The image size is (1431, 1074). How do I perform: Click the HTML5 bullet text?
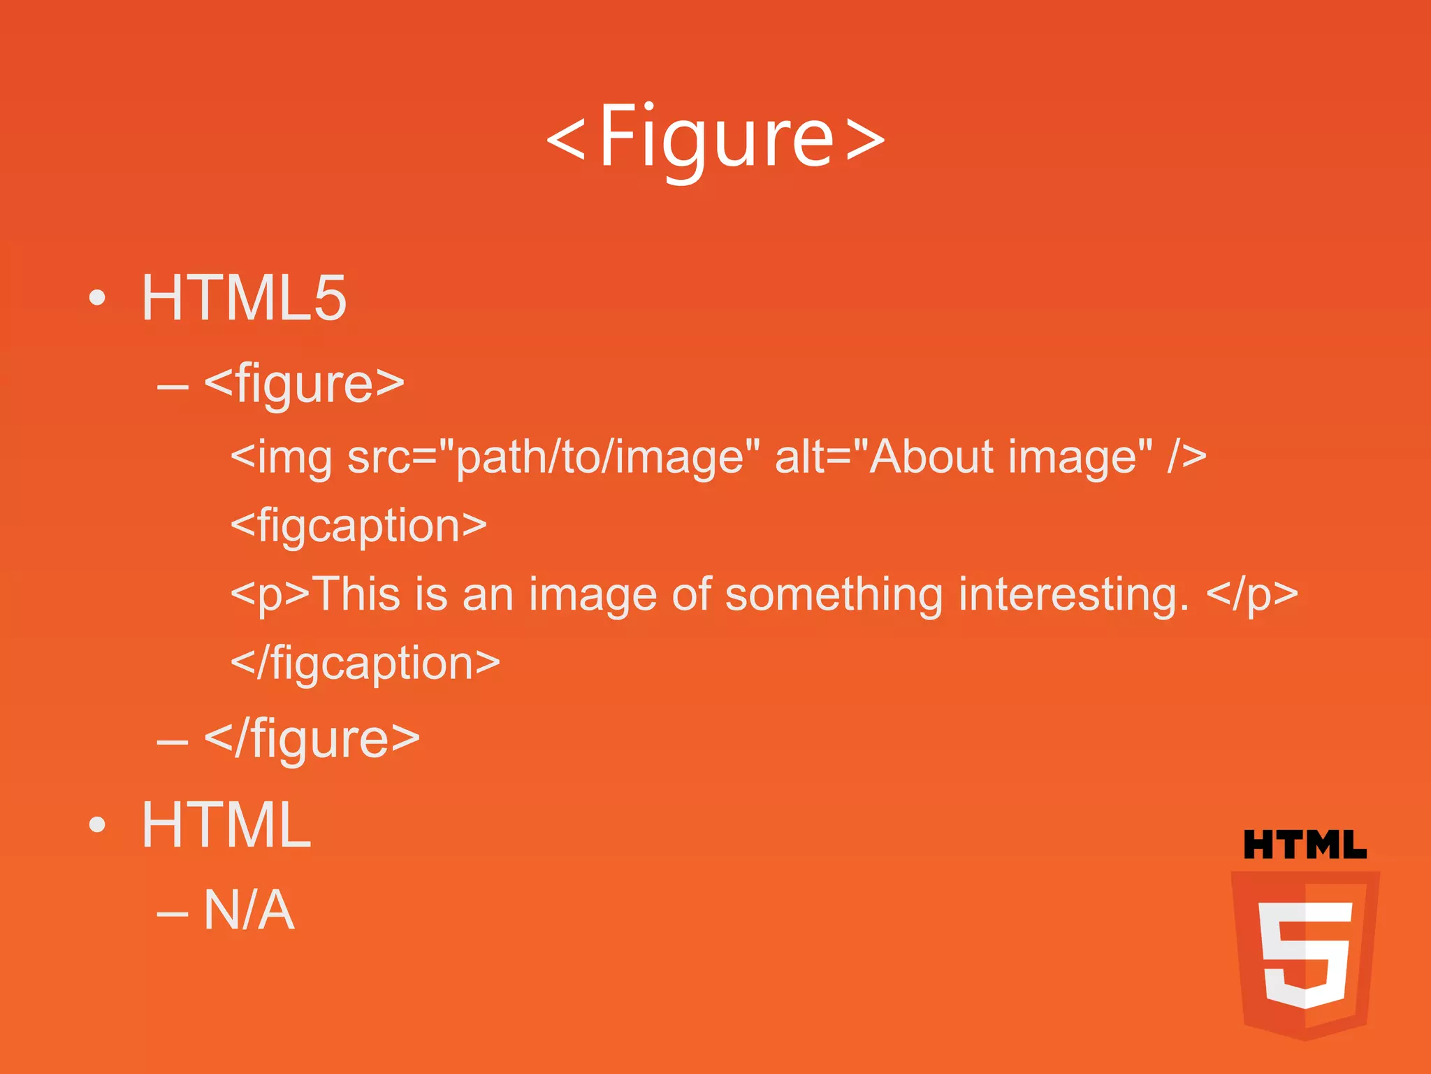244,299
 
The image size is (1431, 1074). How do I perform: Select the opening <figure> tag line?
305,384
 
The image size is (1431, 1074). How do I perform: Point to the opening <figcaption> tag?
358,526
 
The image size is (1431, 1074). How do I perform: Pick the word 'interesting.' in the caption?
1073,594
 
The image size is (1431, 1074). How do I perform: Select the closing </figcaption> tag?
365,664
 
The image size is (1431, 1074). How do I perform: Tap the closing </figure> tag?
312,739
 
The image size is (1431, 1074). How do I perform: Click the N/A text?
249,910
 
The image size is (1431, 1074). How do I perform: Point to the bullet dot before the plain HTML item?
98,825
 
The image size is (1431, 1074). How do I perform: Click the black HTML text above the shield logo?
1305,845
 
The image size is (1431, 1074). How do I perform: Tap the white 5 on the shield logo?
1304,953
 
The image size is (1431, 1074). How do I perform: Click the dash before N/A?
173,912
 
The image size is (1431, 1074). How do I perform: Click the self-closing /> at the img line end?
1186,457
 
